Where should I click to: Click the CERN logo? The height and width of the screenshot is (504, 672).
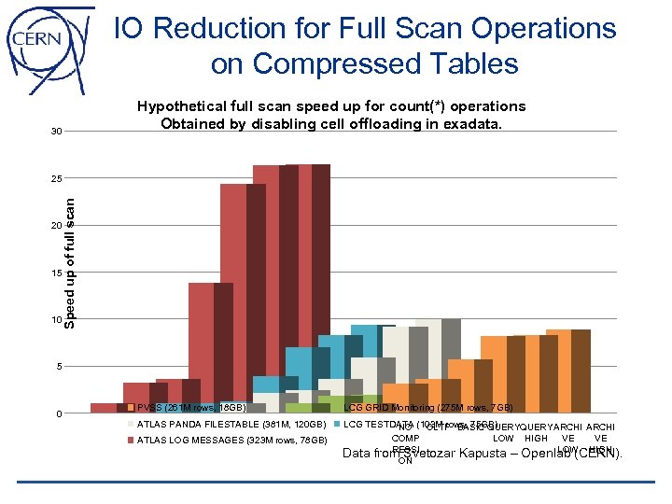[x=47, y=44]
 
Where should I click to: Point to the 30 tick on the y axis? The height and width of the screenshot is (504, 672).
[x=57, y=132]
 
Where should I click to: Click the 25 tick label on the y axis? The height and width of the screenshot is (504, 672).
[x=57, y=178]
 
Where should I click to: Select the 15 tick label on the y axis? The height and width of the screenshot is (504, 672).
[x=57, y=273]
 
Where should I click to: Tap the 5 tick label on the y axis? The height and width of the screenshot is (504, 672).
[x=59, y=367]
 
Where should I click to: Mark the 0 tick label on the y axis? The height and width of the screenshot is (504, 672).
[x=59, y=414]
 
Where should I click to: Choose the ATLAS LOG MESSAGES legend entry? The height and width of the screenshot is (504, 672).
[x=231, y=441]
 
